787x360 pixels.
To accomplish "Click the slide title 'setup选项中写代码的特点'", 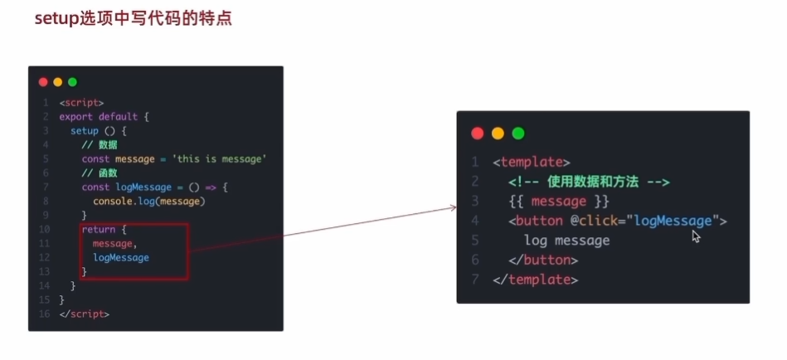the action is click(x=133, y=18).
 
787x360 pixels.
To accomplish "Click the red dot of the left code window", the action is click(x=43, y=81).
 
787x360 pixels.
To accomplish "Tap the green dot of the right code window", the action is click(x=518, y=133).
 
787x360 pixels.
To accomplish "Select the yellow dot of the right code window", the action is click(x=498, y=133).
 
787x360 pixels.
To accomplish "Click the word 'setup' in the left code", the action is click(x=84, y=131).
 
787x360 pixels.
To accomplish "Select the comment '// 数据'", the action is click(x=99, y=145).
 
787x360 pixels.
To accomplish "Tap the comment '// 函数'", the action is click(x=99, y=173).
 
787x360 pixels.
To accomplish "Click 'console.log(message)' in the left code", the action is click(x=148, y=202).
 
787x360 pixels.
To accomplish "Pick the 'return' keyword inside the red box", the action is click(x=98, y=230).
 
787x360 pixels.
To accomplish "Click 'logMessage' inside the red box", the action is click(x=121, y=258).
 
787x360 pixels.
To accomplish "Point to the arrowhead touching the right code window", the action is click(x=454, y=206).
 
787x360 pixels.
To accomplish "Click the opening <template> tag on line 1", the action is click(x=531, y=162).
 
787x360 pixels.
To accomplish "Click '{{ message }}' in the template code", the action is click(x=559, y=202).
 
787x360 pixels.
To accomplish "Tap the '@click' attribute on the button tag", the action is click(x=594, y=221).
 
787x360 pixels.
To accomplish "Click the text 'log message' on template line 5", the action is click(x=566, y=241).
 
